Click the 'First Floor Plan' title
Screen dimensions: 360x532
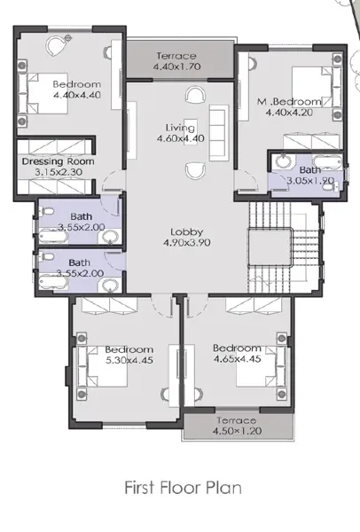[x=184, y=488]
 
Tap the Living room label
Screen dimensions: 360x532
[x=180, y=128]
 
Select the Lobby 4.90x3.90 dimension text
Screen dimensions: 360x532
[x=187, y=243]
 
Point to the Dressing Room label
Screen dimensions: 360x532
[x=58, y=161]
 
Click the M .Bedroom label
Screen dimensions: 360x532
[x=289, y=101]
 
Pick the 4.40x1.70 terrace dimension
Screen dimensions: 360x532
[x=176, y=66]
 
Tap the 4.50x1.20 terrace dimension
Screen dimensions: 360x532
[x=237, y=431]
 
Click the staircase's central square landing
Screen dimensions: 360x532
[x=270, y=247]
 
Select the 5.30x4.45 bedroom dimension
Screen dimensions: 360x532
[x=129, y=360]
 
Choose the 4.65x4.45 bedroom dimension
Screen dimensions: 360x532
[x=237, y=358]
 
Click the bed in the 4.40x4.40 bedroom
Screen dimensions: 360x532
[x=43, y=93]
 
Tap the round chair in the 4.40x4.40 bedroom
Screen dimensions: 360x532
[x=55, y=45]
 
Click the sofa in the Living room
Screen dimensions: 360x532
[x=217, y=132]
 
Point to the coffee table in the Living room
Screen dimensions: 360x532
[x=191, y=131]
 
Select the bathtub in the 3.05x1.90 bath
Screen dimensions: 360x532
[x=327, y=162]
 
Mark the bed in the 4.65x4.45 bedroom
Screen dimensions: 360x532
[x=261, y=366]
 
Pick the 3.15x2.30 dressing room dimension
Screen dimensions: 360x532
[x=59, y=172]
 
